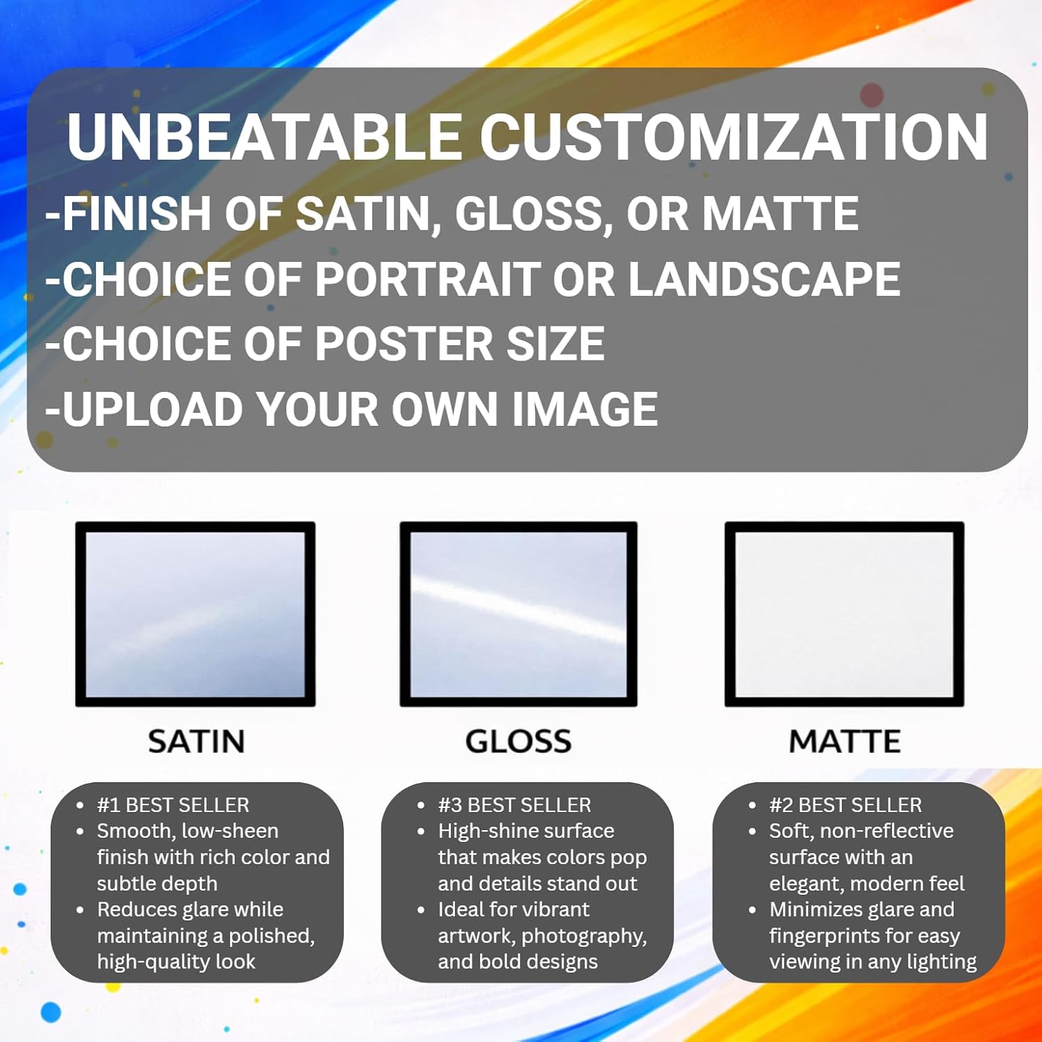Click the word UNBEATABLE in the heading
point(264,137)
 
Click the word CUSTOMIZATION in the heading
point(733,137)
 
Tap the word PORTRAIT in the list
point(428,280)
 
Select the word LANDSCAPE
point(764,280)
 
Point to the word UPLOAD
point(154,409)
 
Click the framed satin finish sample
point(195,614)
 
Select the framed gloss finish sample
point(518,614)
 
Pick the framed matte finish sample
point(844,614)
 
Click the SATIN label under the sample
point(196,742)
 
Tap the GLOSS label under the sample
point(518,742)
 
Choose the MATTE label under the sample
point(845,742)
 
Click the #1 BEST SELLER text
point(173,805)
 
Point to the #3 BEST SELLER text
point(515,805)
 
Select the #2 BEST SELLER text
point(845,805)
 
